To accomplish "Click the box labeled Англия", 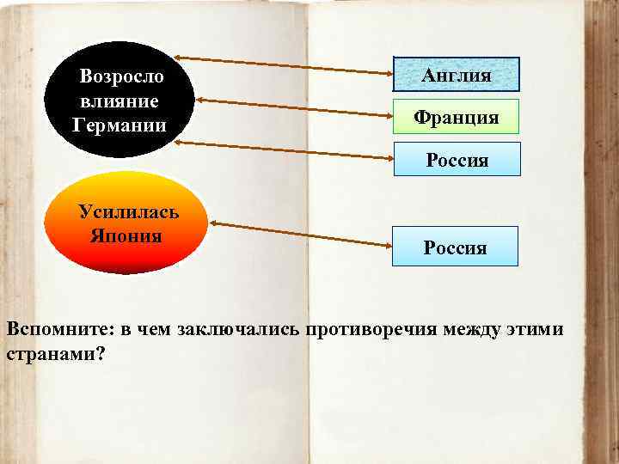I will (x=457, y=75).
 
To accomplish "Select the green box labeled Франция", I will (x=457, y=116).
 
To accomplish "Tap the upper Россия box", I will (x=457, y=160).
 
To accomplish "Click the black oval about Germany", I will (x=120, y=98).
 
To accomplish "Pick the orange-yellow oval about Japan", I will (x=124, y=223).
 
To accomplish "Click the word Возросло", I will (x=122, y=76).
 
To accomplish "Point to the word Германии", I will (x=120, y=124).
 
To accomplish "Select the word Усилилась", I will (x=128, y=211).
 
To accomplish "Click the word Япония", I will (x=126, y=235).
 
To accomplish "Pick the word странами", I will (x=52, y=353).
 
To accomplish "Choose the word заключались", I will (x=232, y=331).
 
